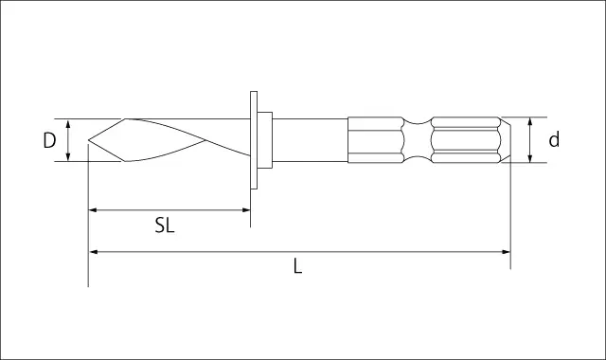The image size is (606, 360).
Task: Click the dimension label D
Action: pyautogui.click(x=49, y=140)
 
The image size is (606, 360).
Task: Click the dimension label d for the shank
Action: pyautogui.click(x=554, y=139)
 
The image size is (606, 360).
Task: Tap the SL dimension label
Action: pyautogui.click(x=165, y=225)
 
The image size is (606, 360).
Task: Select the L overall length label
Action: pyautogui.click(x=297, y=266)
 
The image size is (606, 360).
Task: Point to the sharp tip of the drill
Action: pyautogui.click(x=88, y=139)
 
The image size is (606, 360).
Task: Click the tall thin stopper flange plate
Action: pyautogui.click(x=254, y=140)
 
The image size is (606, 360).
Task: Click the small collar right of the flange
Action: pyautogui.click(x=265, y=140)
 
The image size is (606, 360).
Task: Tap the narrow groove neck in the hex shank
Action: pyautogui.click(x=417, y=140)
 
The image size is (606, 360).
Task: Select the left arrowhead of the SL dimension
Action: pyautogui.click(x=93, y=210)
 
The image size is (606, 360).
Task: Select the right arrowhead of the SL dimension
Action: pyautogui.click(x=246, y=210)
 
